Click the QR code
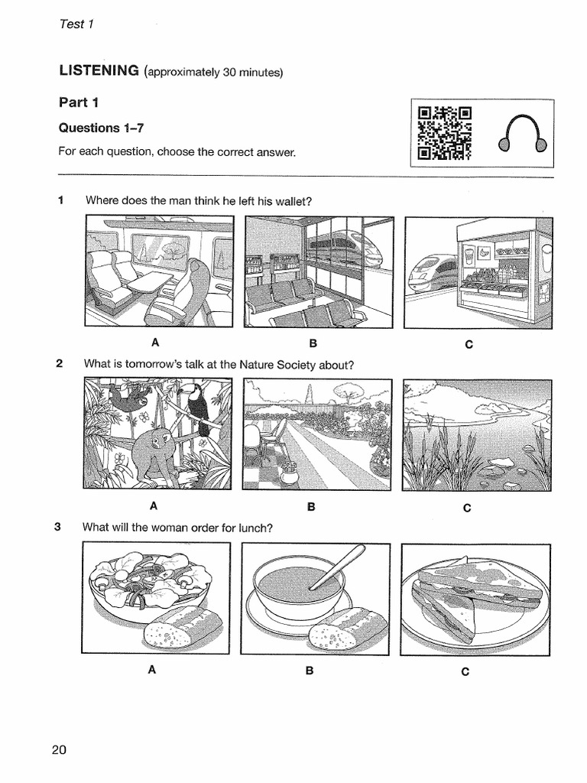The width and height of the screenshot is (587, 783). pos(444,134)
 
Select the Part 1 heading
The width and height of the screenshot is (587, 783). pos(79,102)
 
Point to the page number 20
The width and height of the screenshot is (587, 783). pos(60,749)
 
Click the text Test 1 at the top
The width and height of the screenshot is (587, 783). pos(76,24)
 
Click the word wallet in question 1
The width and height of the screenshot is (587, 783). pos(294,201)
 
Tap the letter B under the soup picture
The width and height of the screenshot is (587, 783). pos(310,671)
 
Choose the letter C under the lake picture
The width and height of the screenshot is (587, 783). pos(468,508)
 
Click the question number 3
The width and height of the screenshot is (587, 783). pos(58,527)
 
